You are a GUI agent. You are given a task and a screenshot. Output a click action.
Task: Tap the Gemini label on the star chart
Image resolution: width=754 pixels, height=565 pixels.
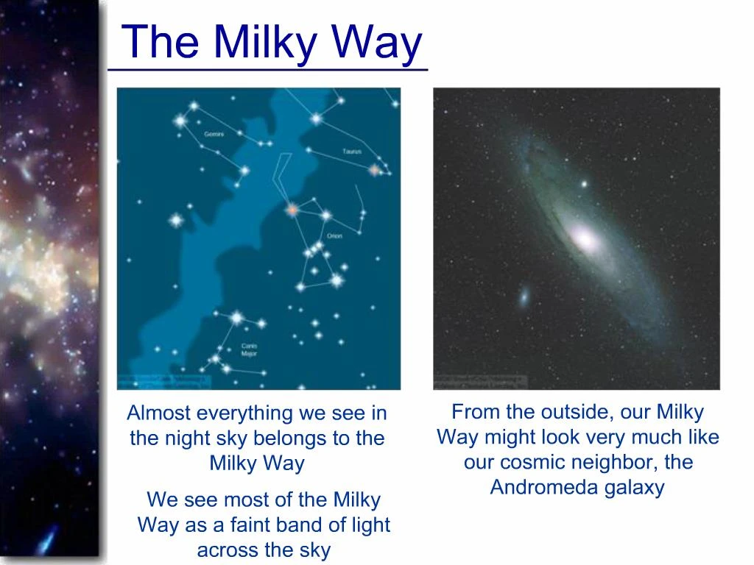coord(214,135)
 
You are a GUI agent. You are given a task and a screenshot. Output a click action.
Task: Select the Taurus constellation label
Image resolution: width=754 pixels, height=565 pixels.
coord(351,152)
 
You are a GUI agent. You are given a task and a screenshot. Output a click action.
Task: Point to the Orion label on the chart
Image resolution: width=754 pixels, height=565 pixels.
coord(334,235)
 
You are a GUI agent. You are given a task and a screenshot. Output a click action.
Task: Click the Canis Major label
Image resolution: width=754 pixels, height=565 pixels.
coord(249,349)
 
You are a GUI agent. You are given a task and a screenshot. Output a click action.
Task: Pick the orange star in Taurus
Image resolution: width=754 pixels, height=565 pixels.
coord(374,170)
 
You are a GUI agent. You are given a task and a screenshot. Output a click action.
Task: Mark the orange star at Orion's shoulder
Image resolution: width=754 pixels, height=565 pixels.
coord(292,210)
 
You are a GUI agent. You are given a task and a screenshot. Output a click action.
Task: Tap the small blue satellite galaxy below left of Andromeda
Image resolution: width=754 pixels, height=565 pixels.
coord(524,296)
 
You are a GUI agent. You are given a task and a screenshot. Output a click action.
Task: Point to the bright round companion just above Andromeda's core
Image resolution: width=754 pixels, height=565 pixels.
coord(585,184)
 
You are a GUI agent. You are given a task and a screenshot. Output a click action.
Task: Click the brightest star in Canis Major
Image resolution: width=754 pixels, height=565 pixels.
coord(236,318)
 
